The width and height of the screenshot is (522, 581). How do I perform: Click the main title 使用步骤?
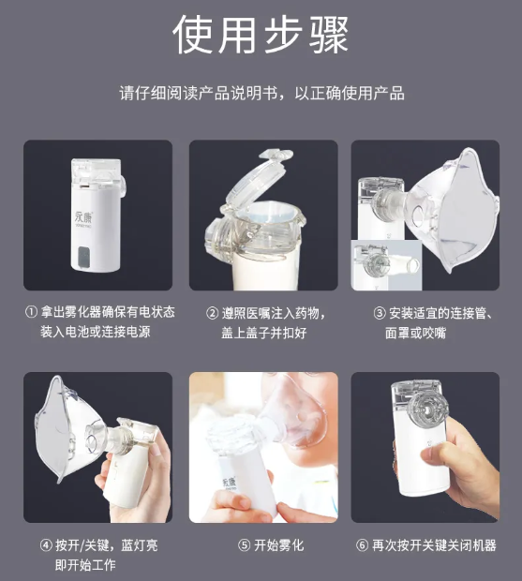pyautogui.click(x=261, y=36)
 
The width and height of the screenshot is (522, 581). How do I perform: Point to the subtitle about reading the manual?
pyautogui.click(x=261, y=94)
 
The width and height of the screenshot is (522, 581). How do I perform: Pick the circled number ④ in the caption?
pyautogui.click(x=46, y=544)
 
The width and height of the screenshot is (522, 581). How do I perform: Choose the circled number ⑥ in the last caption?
pyautogui.click(x=362, y=544)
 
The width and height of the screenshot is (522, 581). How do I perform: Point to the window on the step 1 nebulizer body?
pyautogui.click(x=87, y=254)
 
